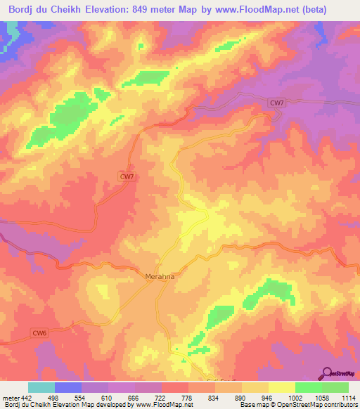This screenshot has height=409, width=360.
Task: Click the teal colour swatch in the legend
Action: [41, 388]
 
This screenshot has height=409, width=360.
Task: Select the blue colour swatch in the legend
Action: [68, 388]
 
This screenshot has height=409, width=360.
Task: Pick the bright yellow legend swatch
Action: [281, 388]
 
